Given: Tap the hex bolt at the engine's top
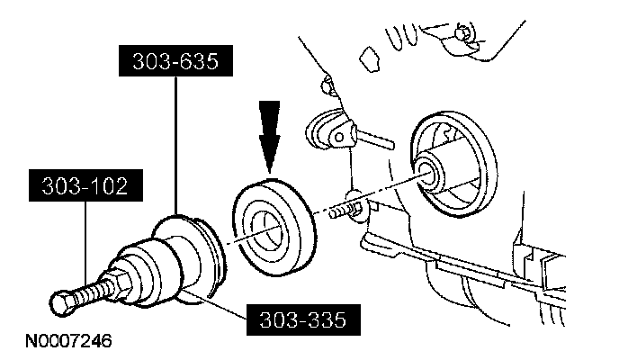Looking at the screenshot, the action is pyautogui.click(x=461, y=34).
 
